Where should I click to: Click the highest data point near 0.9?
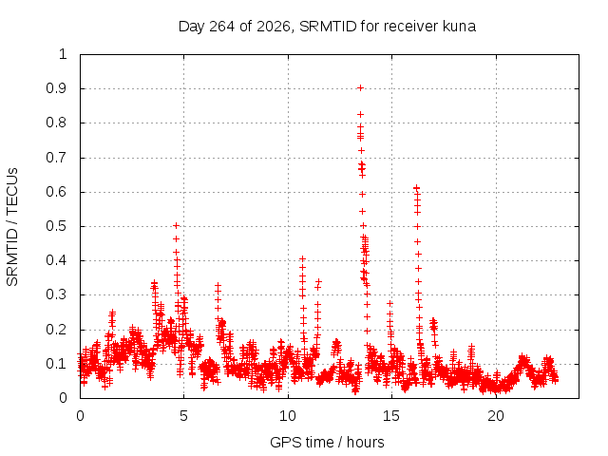(x=361, y=88)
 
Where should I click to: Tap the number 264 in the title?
(x=221, y=27)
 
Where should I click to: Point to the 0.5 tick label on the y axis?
(x=57, y=226)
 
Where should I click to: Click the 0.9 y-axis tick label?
(x=57, y=88)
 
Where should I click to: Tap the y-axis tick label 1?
(x=64, y=54)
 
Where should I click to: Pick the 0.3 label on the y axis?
(x=57, y=294)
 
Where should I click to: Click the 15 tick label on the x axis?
(x=391, y=416)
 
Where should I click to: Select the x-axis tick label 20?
(x=496, y=416)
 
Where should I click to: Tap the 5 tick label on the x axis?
(x=183, y=416)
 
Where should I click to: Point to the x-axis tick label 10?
(x=288, y=416)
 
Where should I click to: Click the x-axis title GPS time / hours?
(x=327, y=442)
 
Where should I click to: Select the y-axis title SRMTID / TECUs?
(x=12, y=227)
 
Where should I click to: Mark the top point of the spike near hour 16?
(x=416, y=188)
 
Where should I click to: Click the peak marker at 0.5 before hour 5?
(x=176, y=226)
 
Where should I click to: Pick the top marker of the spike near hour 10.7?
(x=302, y=258)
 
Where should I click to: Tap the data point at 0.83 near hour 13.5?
(x=360, y=114)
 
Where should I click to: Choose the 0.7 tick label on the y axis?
(x=57, y=158)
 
